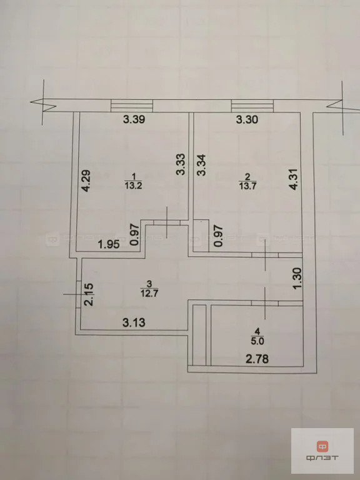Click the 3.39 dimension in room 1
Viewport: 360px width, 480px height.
[x=134, y=121]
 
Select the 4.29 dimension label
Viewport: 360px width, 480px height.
[x=87, y=181]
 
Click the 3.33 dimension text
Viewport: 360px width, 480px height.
[x=179, y=164]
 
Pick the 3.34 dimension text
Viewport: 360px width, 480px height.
[x=201, y=165]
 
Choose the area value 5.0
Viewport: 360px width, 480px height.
[x=255, y=341]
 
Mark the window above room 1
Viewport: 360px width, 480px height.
[x=132, y=105]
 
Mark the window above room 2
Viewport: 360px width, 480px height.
[x=249, y=105]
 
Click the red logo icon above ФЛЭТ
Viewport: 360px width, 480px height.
[x=323, y=446]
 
